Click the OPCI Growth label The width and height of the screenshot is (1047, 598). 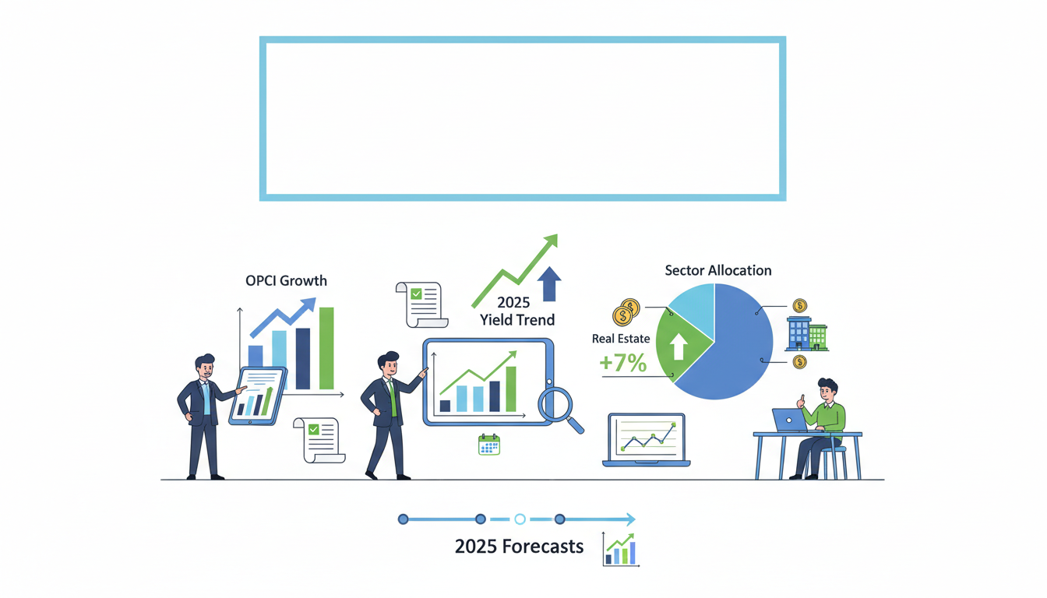[286, 281]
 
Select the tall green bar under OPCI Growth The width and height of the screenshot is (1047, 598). [326, 348]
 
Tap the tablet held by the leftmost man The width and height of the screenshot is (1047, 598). [258, 396]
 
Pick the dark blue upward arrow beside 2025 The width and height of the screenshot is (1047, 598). [549, 283]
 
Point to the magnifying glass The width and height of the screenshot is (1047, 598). [557, 405]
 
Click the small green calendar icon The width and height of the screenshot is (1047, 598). [488, 445]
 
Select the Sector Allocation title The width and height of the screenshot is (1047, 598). [717, 271]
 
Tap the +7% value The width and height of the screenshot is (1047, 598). [622, 363]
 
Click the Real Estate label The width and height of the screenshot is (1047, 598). [621, 339]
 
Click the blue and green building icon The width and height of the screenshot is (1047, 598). [806, 333]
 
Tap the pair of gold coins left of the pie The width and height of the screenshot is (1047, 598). [626, 312]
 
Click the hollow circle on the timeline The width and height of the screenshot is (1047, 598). [520, 519]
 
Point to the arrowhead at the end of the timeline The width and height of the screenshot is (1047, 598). [630, 519]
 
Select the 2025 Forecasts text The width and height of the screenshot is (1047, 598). [519, 547]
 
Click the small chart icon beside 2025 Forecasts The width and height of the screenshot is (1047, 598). [620, 549]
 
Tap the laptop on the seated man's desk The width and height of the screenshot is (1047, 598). [789, 420]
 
